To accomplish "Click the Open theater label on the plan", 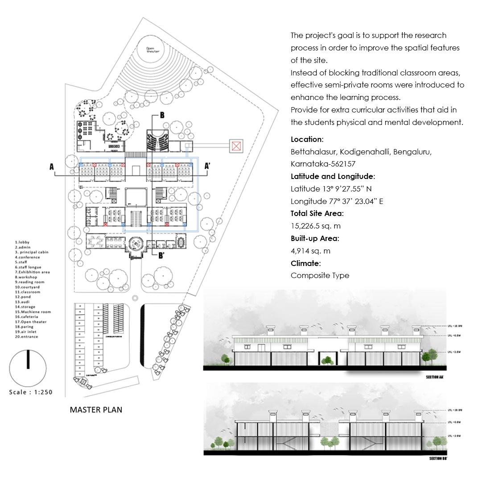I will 153,50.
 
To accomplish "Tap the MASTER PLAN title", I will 96,409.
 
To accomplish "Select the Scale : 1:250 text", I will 31,392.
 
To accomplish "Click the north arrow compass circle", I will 28,369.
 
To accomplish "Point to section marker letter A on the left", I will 52,167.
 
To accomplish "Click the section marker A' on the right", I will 207,166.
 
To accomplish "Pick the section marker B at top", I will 162,115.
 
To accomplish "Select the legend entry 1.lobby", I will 22,242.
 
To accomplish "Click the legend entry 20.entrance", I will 27,337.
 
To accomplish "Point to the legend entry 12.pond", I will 23,297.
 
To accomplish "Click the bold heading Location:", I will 307,139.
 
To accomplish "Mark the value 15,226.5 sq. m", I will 315,226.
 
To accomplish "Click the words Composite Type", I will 320,275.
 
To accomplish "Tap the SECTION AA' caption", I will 435,378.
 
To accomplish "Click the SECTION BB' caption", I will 438,458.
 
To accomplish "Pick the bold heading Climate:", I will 305,263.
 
